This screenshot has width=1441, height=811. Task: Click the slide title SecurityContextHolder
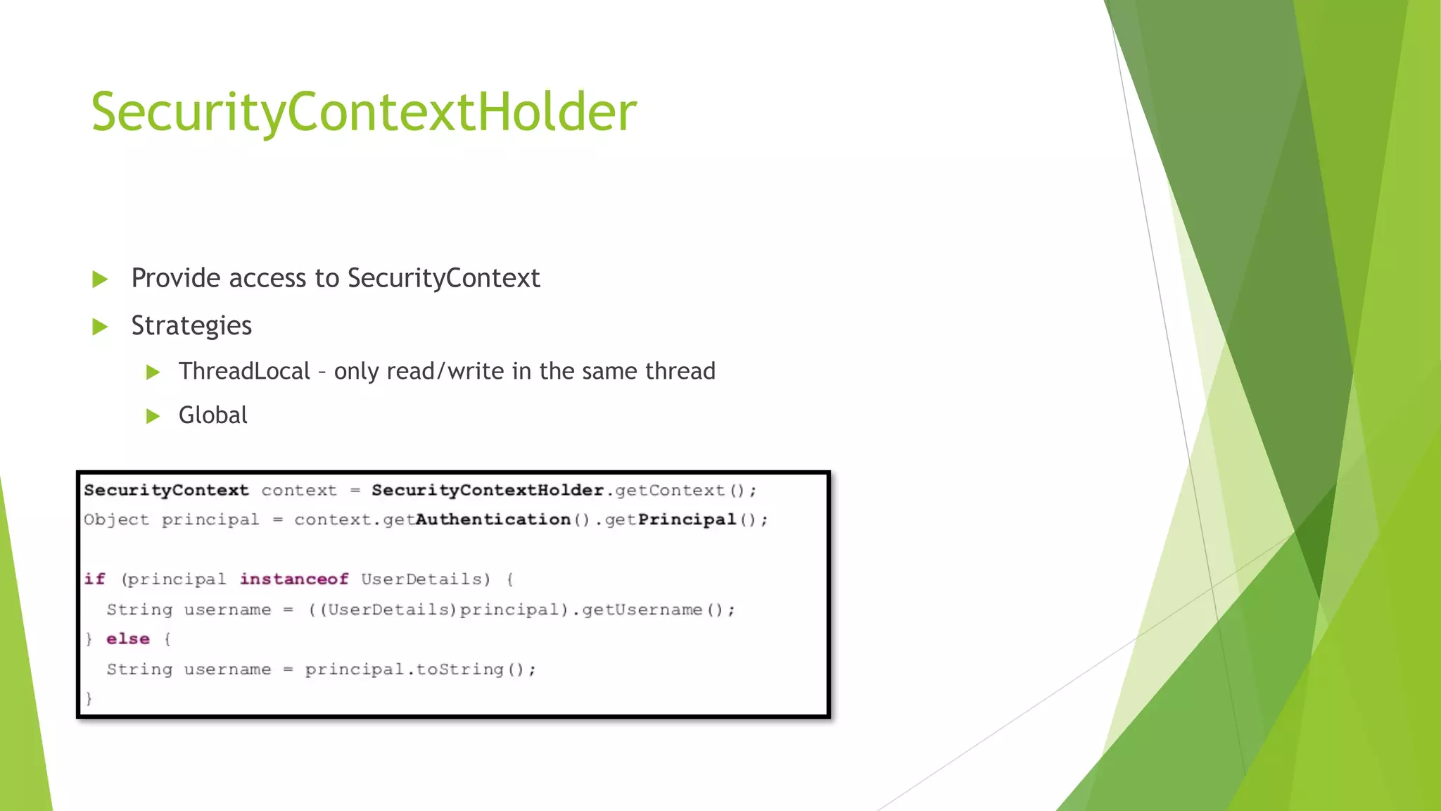pos(364,112)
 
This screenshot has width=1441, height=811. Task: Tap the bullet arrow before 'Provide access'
pos(100,279)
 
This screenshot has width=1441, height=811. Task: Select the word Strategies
pos(191,326)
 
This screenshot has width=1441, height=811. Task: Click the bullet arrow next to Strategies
pos(100,327)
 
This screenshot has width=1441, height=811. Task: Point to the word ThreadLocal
pos(244,371)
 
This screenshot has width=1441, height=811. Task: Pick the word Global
pos(212,415)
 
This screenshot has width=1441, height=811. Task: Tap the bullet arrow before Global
pos(153,416)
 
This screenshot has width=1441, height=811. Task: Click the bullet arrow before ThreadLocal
pos(153,372)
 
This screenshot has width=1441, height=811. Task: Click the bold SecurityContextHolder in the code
pos(487,490)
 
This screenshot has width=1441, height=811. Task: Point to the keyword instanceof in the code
pos(294,579)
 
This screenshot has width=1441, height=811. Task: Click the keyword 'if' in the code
pos(94,579)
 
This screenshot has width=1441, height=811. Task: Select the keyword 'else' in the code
pos(128,639)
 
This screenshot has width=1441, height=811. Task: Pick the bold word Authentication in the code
pos(493,520)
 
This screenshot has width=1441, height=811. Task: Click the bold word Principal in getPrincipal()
pos(687,520)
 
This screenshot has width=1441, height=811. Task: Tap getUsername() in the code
pos(659,609)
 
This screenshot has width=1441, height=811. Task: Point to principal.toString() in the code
pos(420,669)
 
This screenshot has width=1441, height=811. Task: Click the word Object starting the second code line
pos(116,520)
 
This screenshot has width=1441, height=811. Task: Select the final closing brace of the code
pos(89,698)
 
